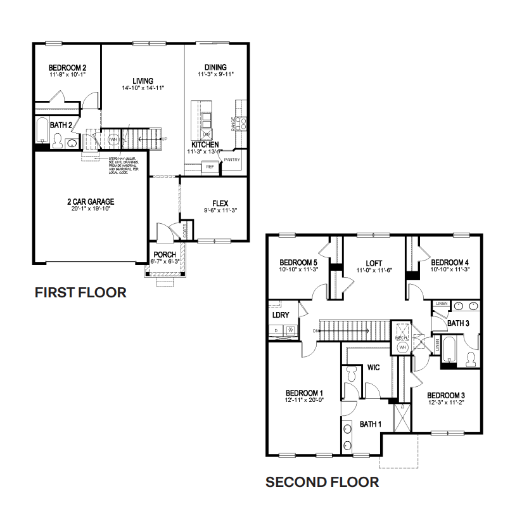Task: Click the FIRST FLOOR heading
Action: pos(80,292)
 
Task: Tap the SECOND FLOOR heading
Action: pos(322,482)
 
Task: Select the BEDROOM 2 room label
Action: pos(67,68)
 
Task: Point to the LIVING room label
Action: pos(143,81)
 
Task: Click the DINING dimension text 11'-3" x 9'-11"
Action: pos(215,74)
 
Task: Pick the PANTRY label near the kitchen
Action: pos(232,160)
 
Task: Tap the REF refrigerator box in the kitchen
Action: pos(209,167)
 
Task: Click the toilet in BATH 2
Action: pos(58,143)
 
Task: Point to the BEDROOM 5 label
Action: pos(298,262)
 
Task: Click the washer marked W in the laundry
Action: pos(290,330)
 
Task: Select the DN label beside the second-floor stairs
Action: pos(316,330)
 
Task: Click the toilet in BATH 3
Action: pos(470,359)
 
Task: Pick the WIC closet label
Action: pos(373,368)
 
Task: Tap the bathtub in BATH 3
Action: pos(448,352)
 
